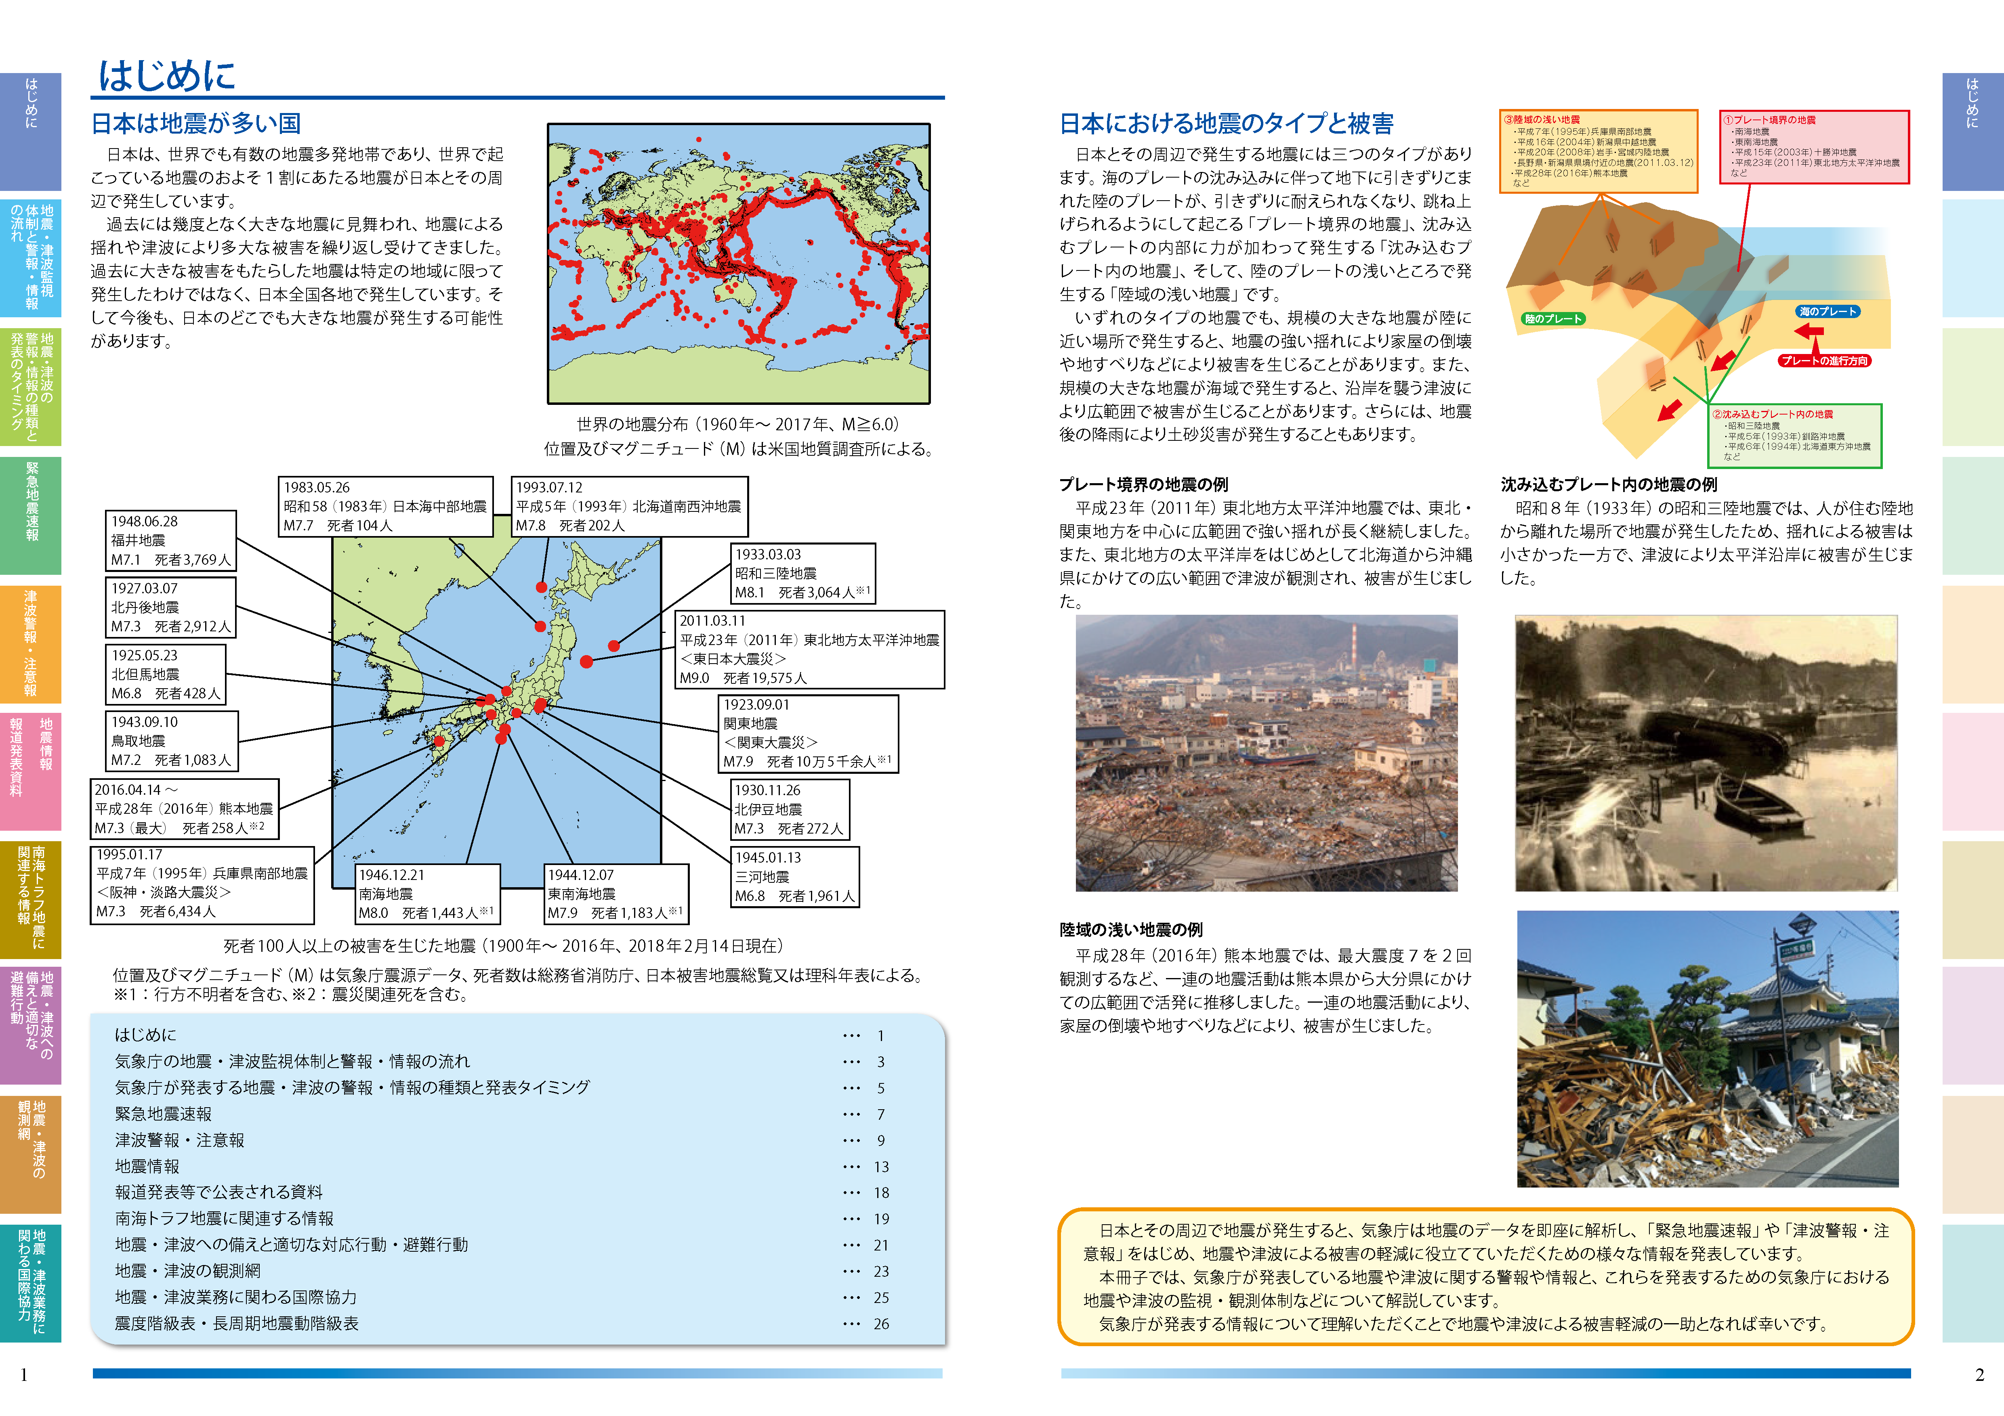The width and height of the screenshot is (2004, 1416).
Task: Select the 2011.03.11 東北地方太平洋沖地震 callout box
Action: pos(809,649)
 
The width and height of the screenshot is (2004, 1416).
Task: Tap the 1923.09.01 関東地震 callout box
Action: pos(807,733)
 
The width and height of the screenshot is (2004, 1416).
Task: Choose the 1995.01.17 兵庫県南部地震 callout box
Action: pos(202,885)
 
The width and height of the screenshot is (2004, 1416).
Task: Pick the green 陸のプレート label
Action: pos(1553,318)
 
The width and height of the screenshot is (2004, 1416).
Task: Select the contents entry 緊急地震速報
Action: pos(163,1114)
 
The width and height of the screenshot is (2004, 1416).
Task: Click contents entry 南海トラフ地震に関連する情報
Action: pos(224,1219)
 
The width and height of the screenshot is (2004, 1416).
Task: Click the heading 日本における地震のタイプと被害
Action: pos(1226,124)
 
